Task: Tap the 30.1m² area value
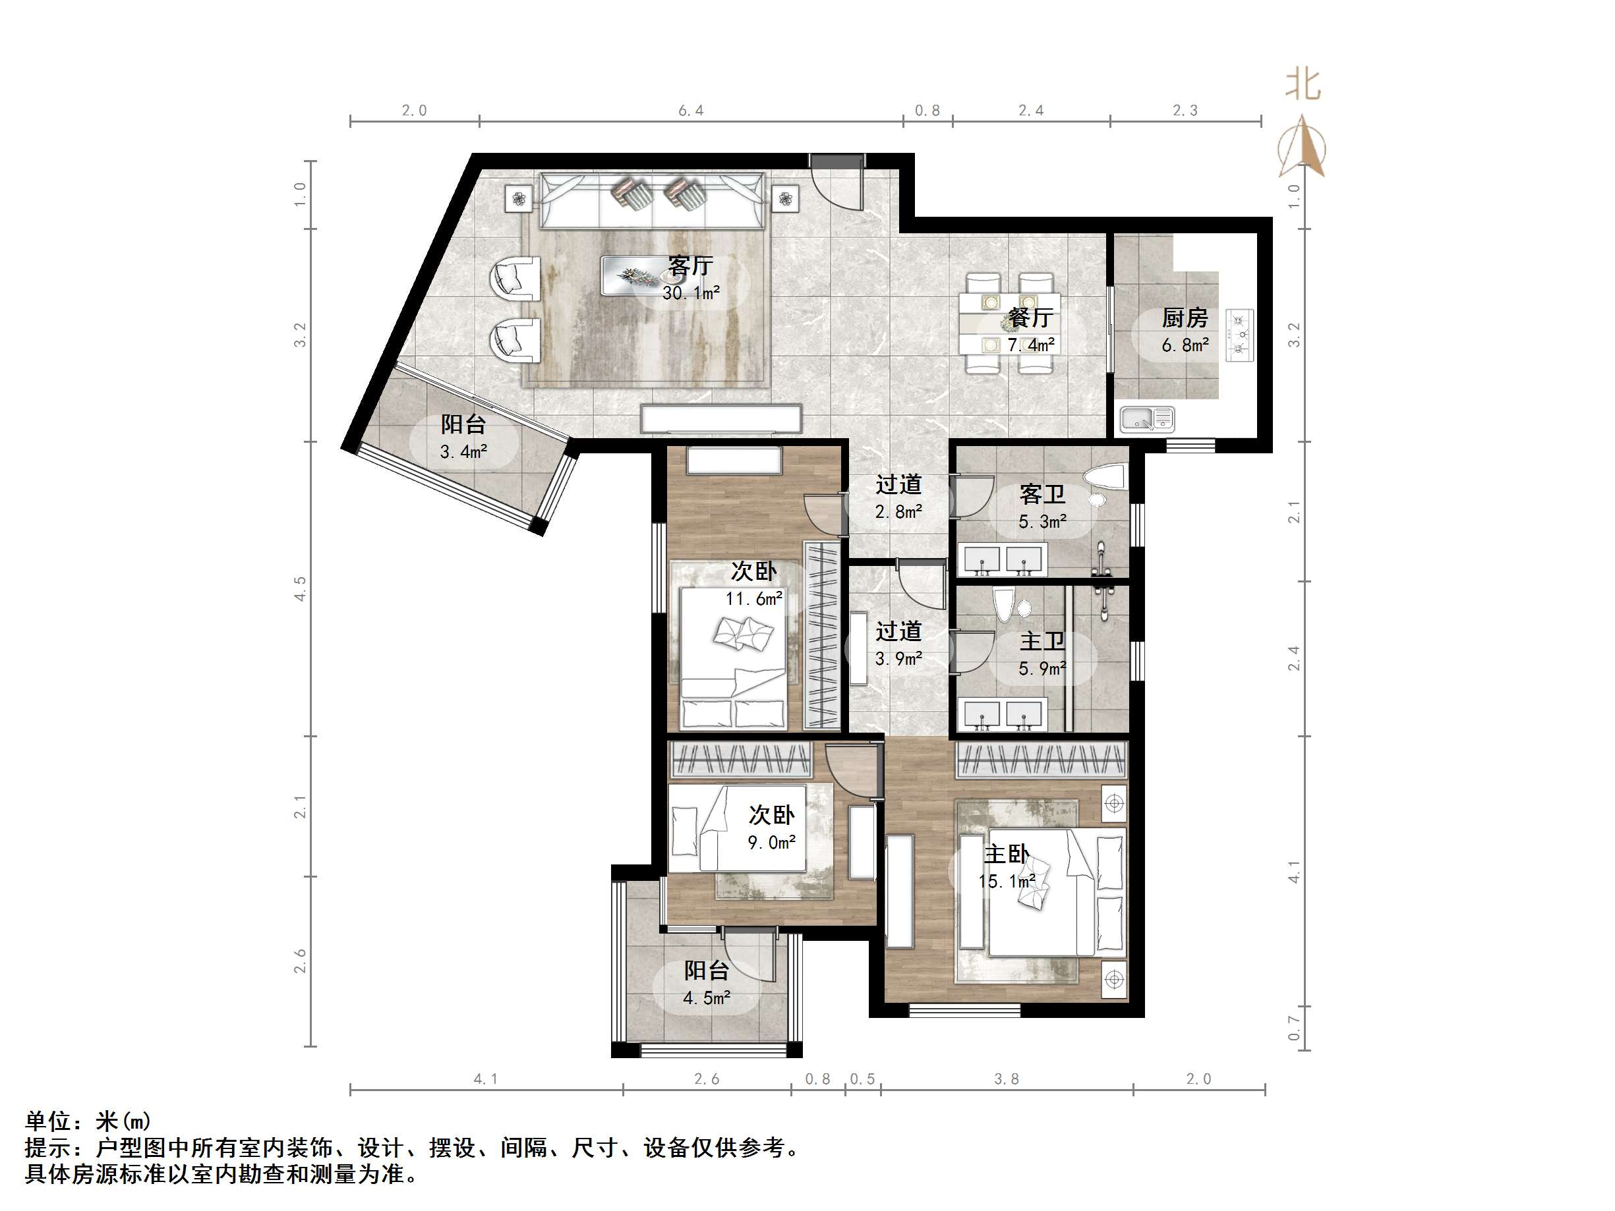691,293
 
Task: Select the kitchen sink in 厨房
1147,419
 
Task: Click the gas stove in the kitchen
1241,335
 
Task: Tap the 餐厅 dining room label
1030,318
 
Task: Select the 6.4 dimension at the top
691,110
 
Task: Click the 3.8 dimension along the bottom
1006,1079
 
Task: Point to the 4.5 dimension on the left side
299,588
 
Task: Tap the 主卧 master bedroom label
1006,853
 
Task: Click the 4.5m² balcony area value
707,998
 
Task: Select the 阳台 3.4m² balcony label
463,424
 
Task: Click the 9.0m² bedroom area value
771,843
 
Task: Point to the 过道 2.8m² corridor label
898,484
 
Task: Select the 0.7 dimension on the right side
1294,1028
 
